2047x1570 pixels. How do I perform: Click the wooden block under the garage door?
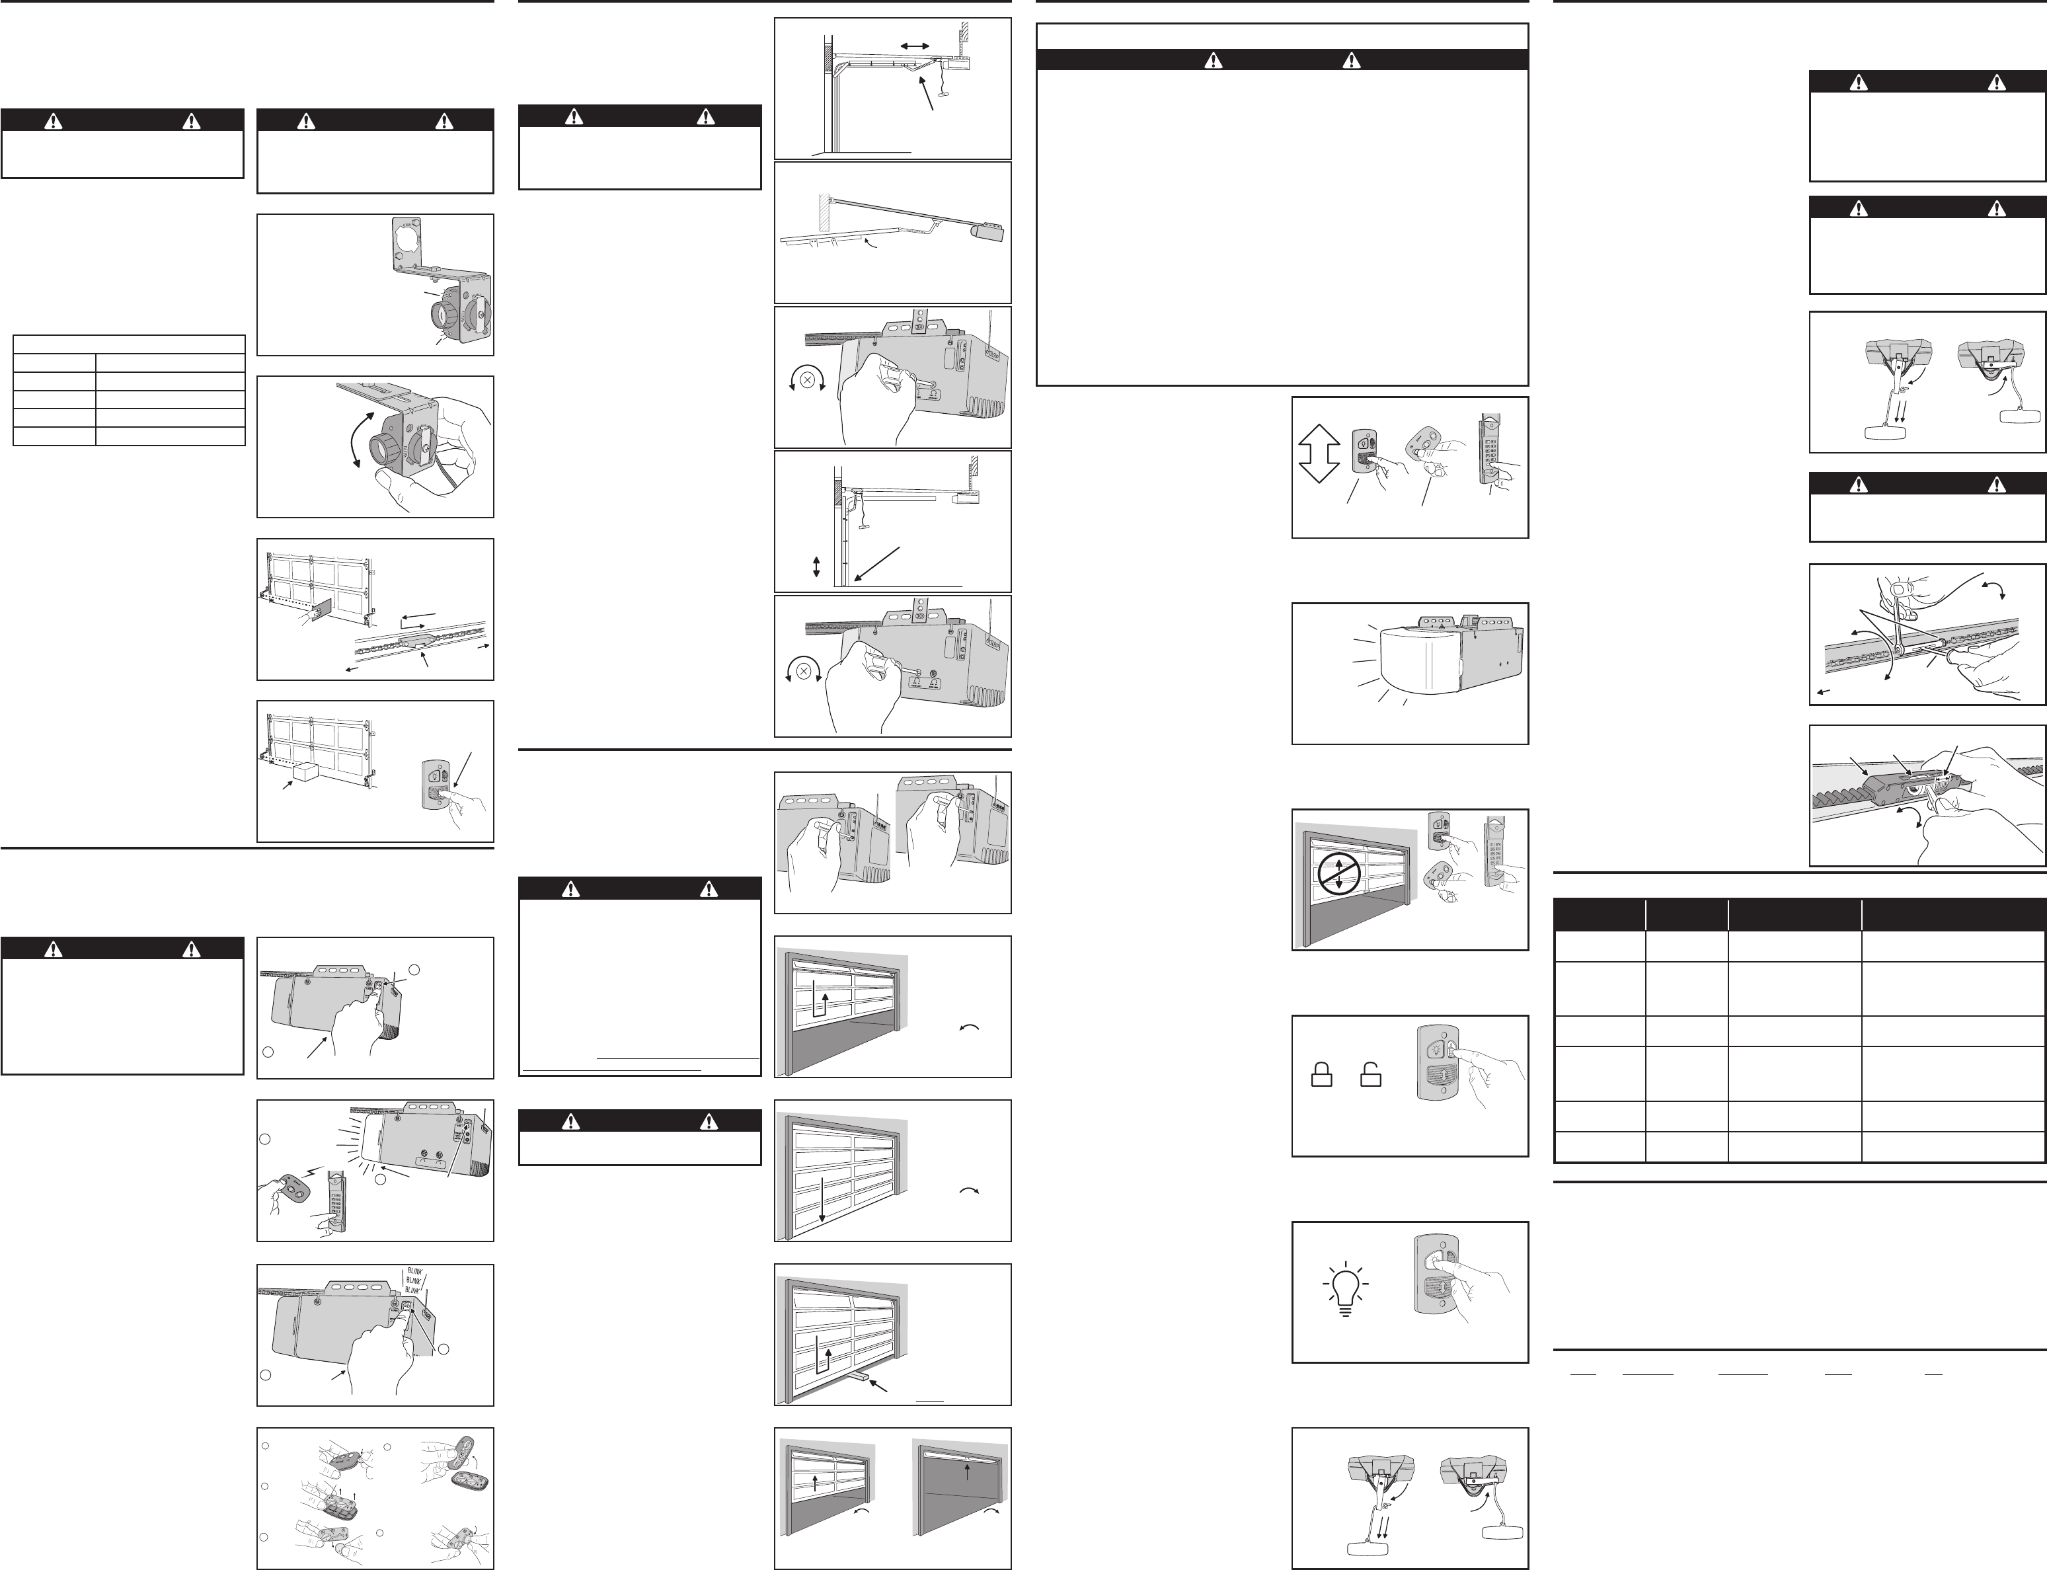click(859, 1378)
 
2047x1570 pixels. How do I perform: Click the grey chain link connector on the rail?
click(413, 642)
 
